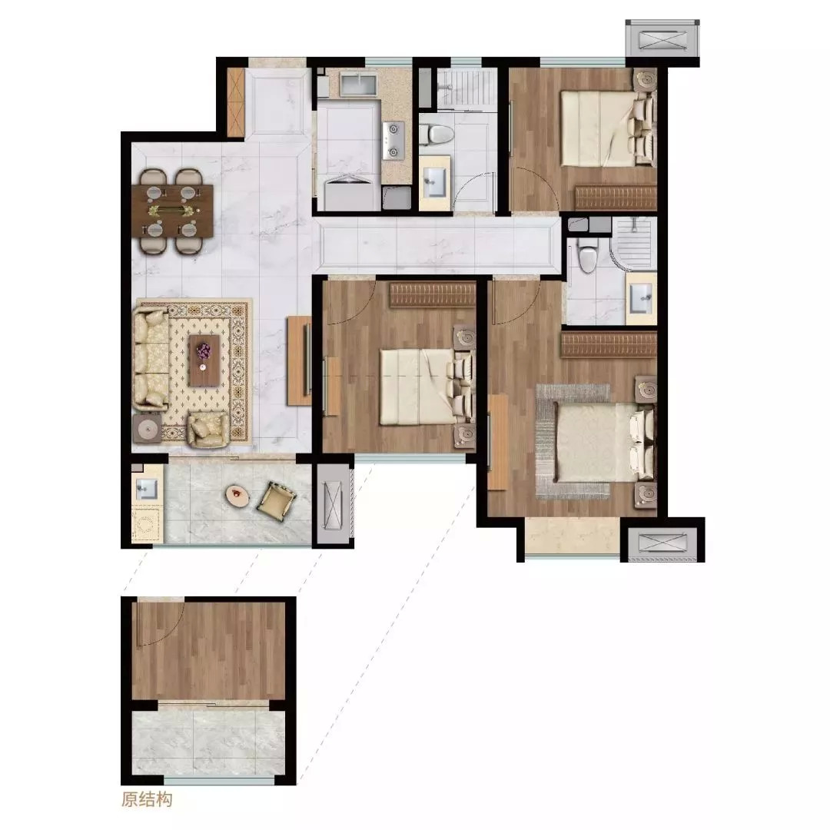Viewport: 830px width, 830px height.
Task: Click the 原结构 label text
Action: pyautogui.click(x=147, y=799)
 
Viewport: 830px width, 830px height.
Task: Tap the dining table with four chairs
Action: pyautogui.click(x=173, y=211)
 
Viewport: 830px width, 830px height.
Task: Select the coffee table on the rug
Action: pyautogui.click(x=204, y=360)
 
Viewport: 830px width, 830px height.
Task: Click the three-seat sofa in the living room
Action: pyautogui.click(x=151, y=360)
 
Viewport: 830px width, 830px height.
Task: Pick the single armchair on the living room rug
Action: pyautogui.click(x=208, y=428)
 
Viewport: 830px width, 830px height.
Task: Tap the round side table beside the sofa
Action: pyautogui.click(x=147, y=428)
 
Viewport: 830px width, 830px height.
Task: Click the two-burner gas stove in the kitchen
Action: pyautogui.click(x=393, y=141)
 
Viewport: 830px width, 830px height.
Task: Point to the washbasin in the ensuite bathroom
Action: pyautogui.click(x=642, y=298)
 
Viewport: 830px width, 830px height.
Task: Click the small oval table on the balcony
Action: pyautogui.click(x=237, y=495)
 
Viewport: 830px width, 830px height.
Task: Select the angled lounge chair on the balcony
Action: pyautogui.click(x=277, y=499)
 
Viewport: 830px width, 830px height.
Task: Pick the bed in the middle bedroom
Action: pyautogui.click(x=426, y=386)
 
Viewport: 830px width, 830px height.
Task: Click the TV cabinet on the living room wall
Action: pyautogui.click(x=299, y=360)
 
